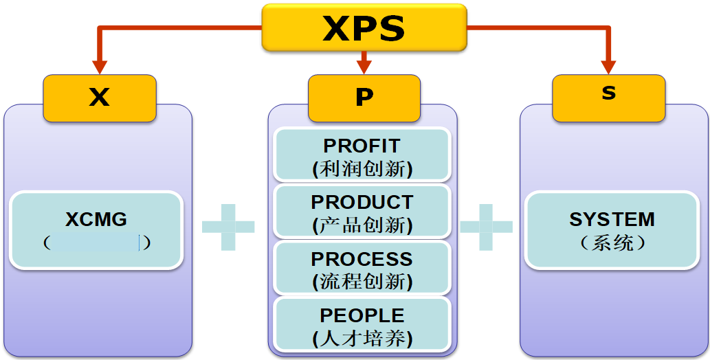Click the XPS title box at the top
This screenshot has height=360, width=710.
click(x=364, y=28)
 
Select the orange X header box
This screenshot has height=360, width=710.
click(x=100, y=98)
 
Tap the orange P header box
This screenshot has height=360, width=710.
click(x=364, y=98)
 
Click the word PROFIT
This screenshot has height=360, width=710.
click(x=362, y=146)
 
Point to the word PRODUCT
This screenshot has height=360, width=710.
click(x=362, y=203)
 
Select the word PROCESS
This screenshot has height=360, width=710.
click(x=362, y=259)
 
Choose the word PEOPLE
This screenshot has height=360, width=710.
click(x=362, y=315)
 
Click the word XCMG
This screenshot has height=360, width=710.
click(x=96, y=219)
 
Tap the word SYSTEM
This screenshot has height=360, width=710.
click(x=612, y=219)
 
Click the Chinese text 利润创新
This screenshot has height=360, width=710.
click(x=362, y=168)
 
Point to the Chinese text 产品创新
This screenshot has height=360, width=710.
click(x=362, y=225)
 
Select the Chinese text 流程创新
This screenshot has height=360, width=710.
click(x=362, y=281)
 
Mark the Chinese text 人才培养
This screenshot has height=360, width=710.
click(x=362, y=337)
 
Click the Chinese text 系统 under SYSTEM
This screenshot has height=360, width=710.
click(x=612, y=243)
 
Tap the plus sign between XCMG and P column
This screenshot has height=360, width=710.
click(x=228, y=227)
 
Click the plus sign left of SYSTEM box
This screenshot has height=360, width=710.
click(x=486, y=227)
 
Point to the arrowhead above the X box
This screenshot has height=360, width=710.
click(x=100, y=67)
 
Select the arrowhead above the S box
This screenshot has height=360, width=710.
click(x=608, y=67)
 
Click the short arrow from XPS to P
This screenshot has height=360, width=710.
click(x=364, y=63)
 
